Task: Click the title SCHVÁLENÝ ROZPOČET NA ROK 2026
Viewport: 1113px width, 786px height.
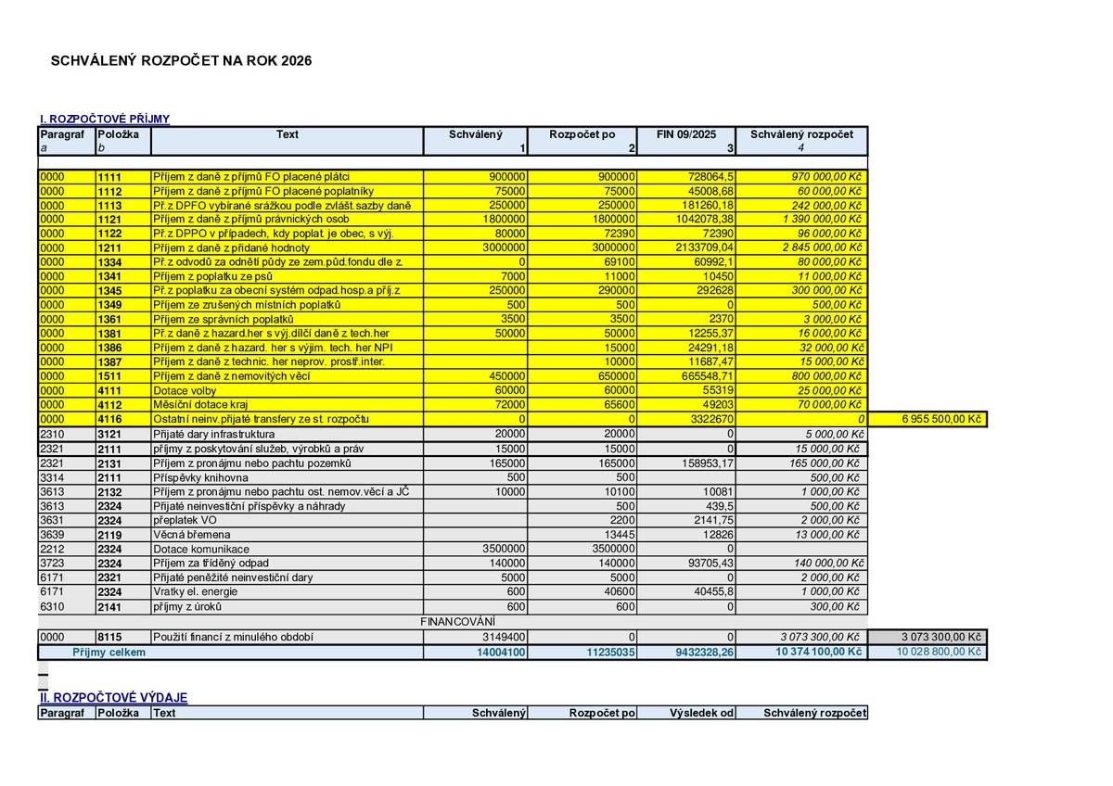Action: (x=181, y=61)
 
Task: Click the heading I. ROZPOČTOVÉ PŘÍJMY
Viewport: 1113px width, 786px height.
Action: (x=104, y=119)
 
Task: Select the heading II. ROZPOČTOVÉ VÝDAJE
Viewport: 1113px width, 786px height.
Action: (x=113, y=697)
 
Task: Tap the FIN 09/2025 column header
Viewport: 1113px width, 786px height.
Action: (x=686, y=134)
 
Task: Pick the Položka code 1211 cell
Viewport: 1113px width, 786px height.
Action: (x=109, y=248)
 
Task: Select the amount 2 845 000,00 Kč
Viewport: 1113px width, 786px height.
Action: (x=822, y=248)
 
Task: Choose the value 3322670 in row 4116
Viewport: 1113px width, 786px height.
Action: (x=710, y=420)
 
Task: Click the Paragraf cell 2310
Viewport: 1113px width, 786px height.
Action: (x=52, y=434)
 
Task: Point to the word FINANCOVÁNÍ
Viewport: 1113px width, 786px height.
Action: (x=458, y=620)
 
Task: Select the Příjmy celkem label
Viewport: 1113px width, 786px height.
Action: (x=109, y=652)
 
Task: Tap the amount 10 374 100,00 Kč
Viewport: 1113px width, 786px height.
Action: (x=818, y=652)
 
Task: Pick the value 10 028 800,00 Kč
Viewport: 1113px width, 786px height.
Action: (x=938, y=652)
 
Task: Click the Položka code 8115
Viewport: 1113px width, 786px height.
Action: (x=109, y=637)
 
